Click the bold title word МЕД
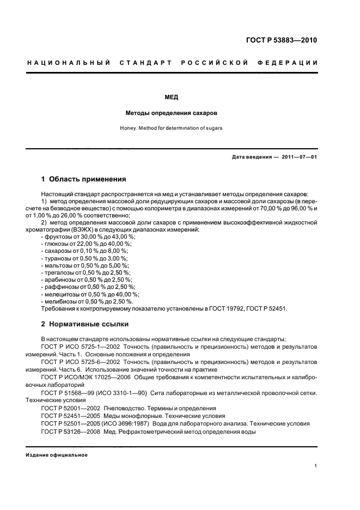[x=172, y=98]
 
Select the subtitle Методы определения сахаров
[x=172, y=113]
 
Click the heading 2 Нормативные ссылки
[x=85, y=324]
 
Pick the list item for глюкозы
[x=86, y=244]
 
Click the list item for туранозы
[x=85, y=258]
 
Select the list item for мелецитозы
[x=89, y=294]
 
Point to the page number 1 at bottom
[x=316, y=466]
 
